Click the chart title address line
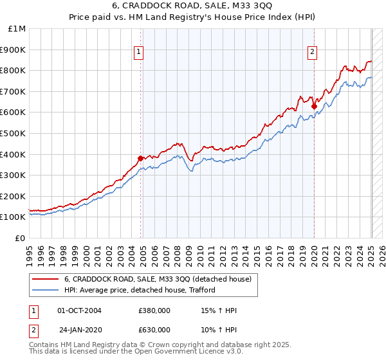coord(193,6)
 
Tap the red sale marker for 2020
coord(314,106)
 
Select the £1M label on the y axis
coord(17,28)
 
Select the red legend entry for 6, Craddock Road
coord(161,279)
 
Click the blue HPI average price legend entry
coord(139,290)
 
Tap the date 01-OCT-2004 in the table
coord(79,310)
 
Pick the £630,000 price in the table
coord(154,329)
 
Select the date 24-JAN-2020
coord(79,329)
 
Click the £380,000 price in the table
coord(154,310)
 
